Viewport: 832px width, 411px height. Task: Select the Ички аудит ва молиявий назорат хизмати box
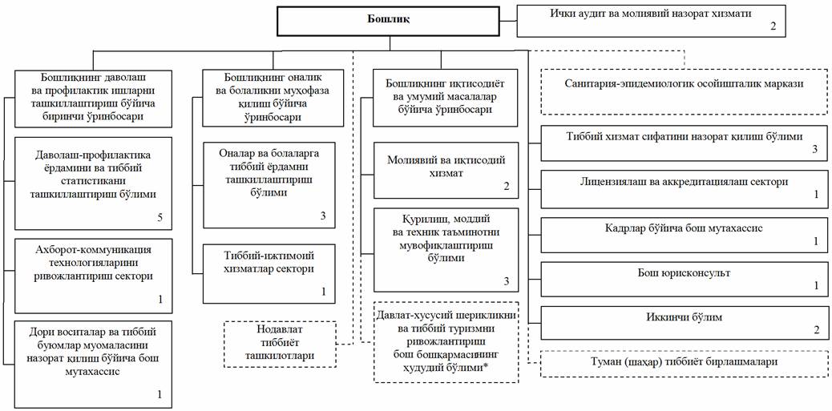click(x=650, y=20)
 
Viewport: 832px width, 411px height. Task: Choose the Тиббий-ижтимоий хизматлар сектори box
click(x=269, y=273)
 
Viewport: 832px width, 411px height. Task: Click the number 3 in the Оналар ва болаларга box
click(x=322, y=216)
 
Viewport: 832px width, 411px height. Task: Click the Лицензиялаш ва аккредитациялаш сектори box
click(x=683, y=188)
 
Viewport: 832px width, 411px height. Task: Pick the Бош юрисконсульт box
click(x=683, y=279)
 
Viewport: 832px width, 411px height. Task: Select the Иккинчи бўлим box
click(x=683, y=323)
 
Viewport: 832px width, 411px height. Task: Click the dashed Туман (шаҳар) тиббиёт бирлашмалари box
click(x=683, y=363)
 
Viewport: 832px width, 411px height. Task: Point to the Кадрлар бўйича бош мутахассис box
click(x=683, y=234)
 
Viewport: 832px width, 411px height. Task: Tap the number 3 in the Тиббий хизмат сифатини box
click(x=814, y=150)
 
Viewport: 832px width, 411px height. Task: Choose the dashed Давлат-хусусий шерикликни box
click(x=446, y=340)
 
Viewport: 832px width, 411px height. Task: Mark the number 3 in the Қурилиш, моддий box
click(x=506, y=280)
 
